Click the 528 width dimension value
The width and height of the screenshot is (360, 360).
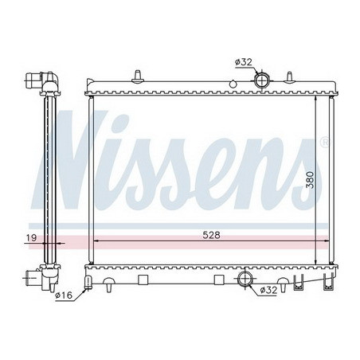click(211, 235)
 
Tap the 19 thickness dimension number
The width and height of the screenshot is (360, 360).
click(30, 237)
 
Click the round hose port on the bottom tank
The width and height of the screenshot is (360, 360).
click(246, 279)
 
